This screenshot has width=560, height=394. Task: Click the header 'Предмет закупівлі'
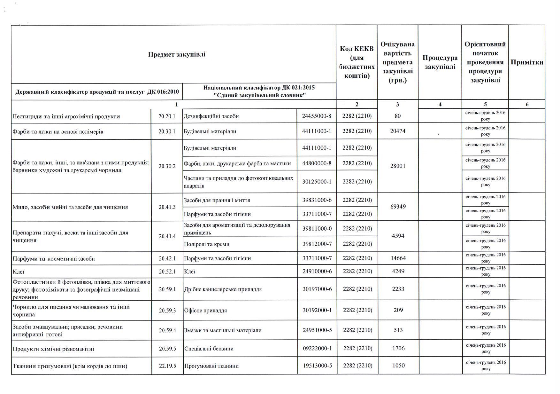(176, 54)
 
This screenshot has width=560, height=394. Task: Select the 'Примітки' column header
(526, 62)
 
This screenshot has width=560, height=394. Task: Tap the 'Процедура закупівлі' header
(440, 62)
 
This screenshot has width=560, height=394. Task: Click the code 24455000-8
(316, 116)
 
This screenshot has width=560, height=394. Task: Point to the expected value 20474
(397, 131)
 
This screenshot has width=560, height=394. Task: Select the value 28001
(397, 166)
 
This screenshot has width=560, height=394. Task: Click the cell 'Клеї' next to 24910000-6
(189, 272)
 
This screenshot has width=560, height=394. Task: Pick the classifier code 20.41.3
(167, 207)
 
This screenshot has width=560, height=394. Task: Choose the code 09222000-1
(317, 348)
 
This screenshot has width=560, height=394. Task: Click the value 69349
(398, 207)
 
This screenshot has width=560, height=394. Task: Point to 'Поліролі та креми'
(206, 244)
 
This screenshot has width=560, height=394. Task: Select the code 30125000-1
(317, 182)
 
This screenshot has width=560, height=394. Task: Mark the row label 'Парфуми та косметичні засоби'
(54, 258)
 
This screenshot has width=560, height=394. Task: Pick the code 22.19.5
(167, 366)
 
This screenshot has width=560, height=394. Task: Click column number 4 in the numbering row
(440, 104)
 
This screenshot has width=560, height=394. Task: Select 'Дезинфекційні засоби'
(211, 116)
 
